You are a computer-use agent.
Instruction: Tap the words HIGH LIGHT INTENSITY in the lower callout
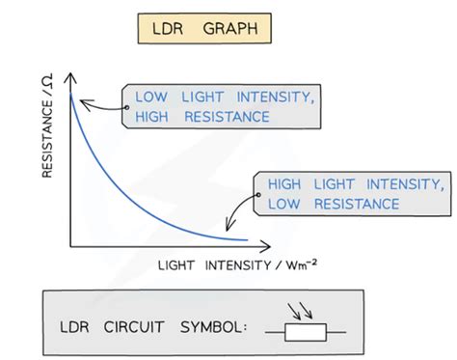[356, 184]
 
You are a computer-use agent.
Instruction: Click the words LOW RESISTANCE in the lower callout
[334, 204]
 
